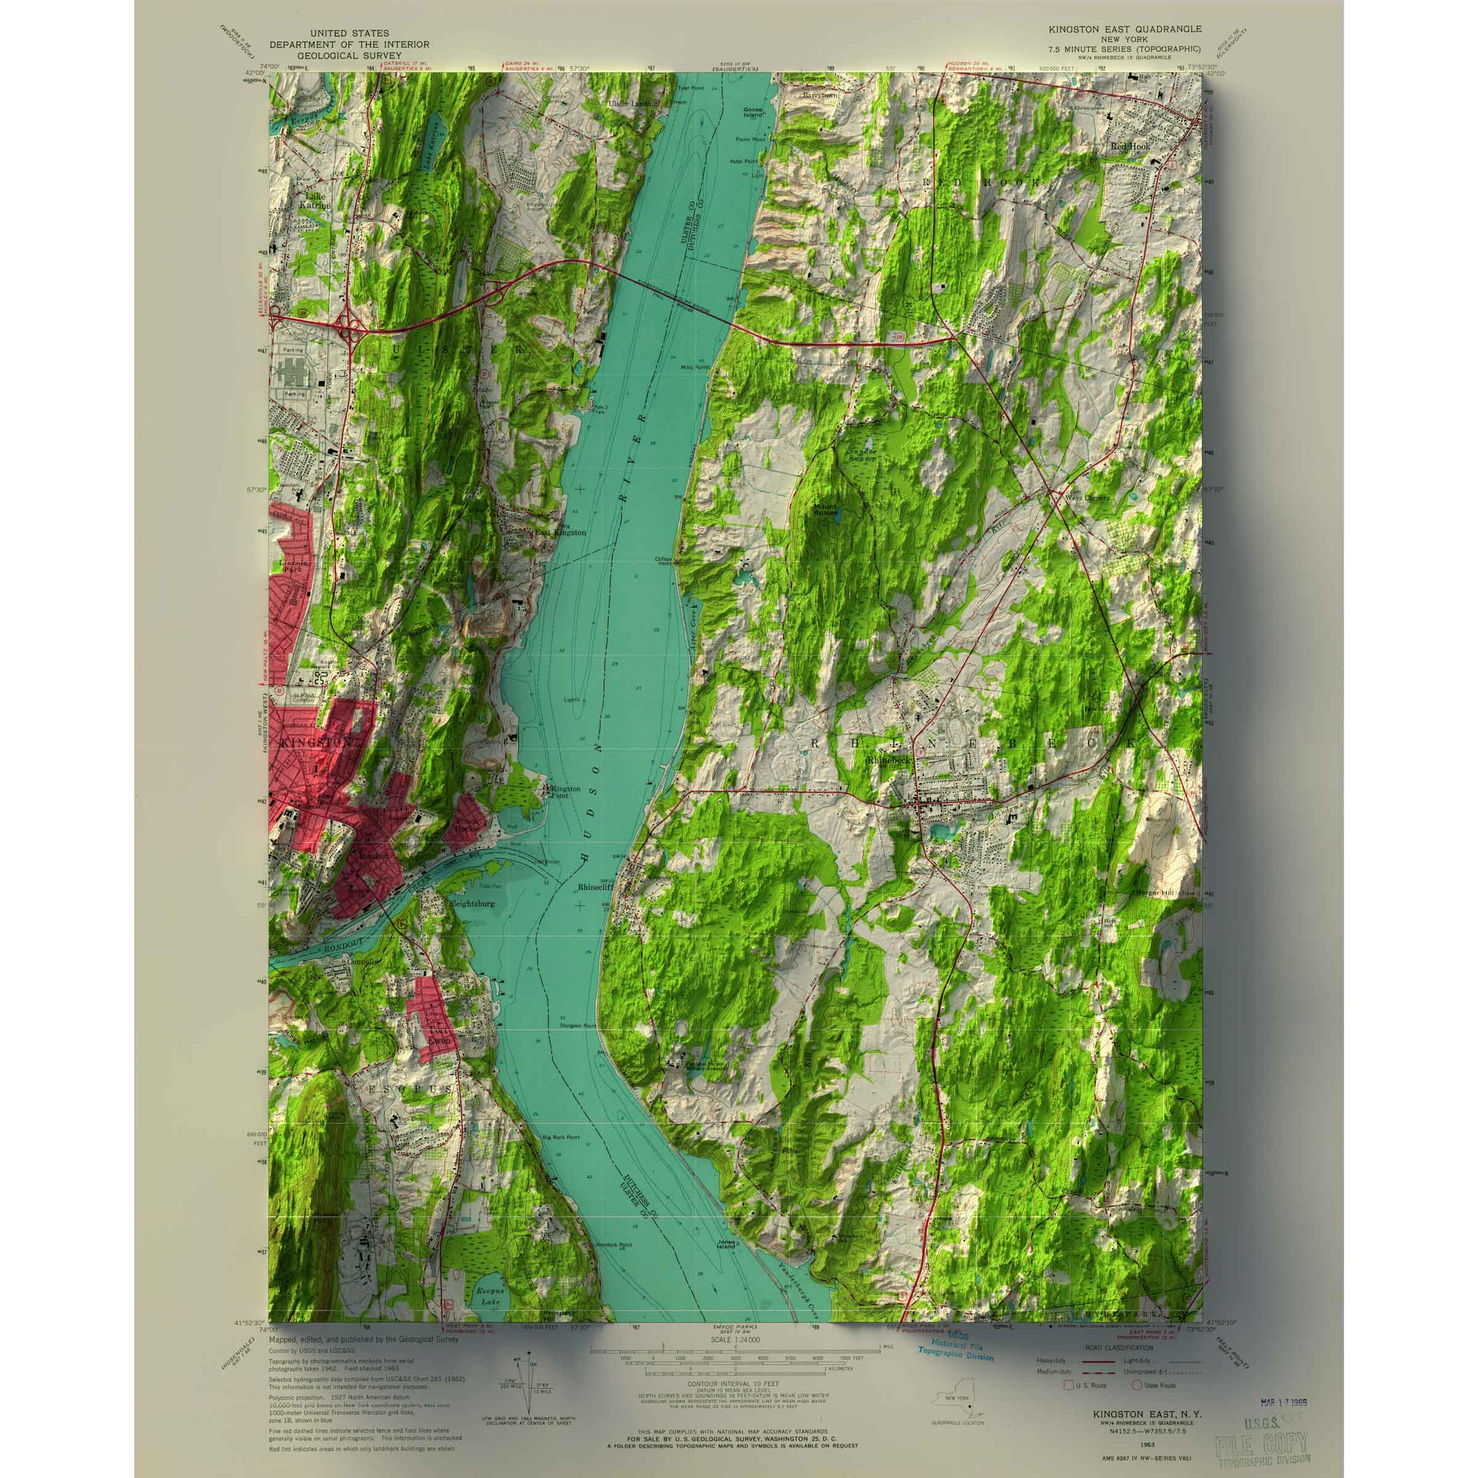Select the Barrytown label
820,97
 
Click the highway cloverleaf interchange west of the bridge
353,331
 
